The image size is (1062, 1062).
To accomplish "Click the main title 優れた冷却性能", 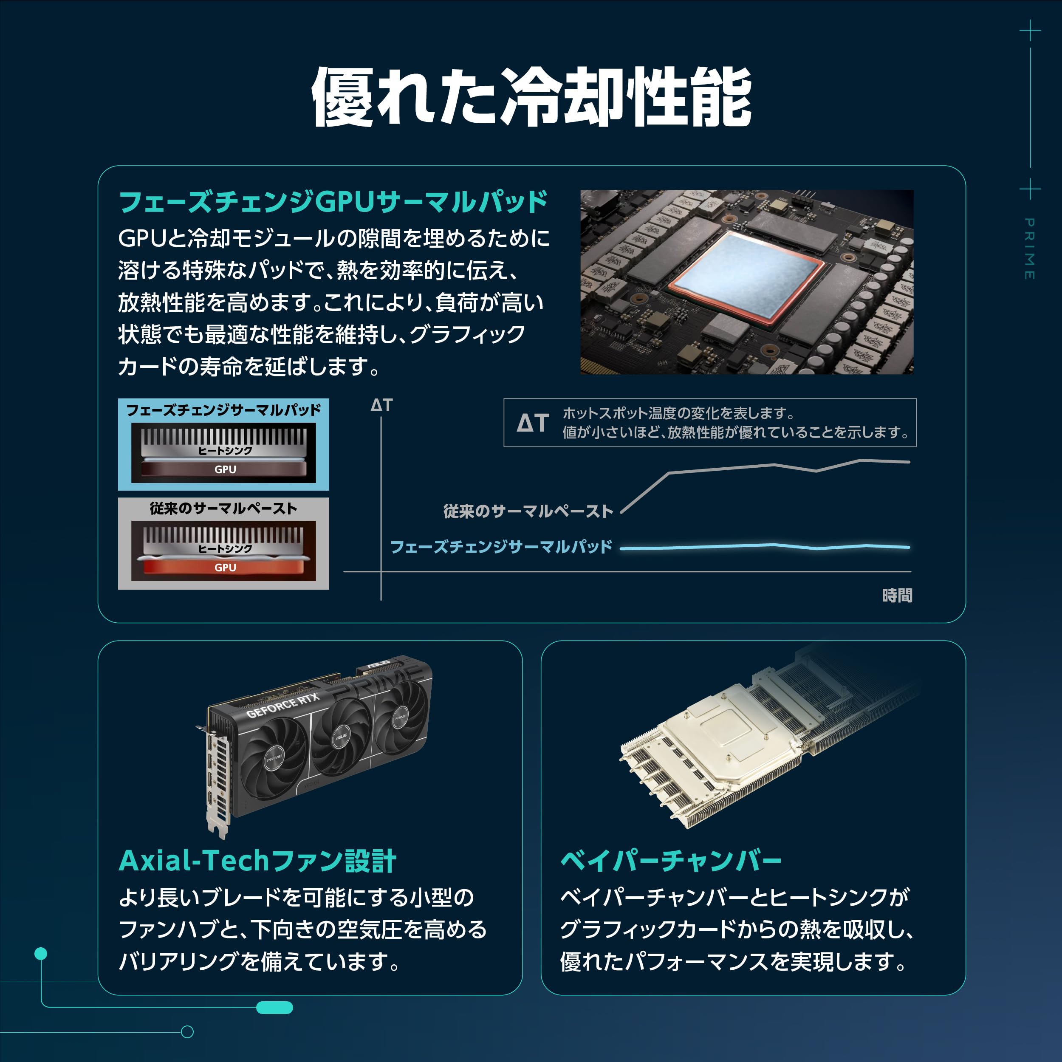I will pos(531,97).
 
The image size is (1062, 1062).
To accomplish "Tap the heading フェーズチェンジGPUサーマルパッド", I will pos(333,202).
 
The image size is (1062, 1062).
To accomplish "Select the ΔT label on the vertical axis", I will pos(381,405).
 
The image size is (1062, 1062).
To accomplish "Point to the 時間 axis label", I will pos(897,595).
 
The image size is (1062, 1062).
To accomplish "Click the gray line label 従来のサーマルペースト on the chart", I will pos(528,511).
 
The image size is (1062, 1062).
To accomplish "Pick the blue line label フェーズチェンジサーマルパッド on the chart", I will pos(501,547).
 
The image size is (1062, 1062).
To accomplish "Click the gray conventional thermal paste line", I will pos(770,466).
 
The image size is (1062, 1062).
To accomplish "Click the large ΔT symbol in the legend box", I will pos(533,423).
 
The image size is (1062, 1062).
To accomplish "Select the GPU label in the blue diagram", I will pos(225,469).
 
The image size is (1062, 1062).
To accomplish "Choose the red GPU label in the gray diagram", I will pos(225,567).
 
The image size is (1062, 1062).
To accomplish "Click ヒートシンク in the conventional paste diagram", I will pos(225,548).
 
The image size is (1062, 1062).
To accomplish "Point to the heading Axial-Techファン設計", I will pos(257,861).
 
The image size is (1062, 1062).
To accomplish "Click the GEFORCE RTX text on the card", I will pos(282,706).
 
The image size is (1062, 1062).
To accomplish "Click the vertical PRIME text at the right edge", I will pos(1030,249).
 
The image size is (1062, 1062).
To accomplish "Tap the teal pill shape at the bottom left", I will pos(274,1008).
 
